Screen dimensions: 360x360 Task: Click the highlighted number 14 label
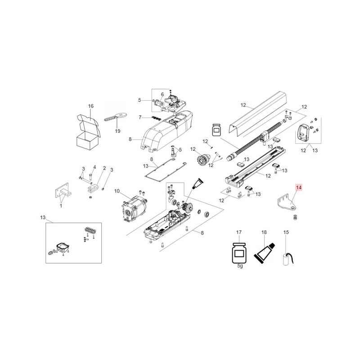click(299, 188)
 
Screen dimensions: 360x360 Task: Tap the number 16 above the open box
click(91, 106)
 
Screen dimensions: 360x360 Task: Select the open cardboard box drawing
click(88, 132)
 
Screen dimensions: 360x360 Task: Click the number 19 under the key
click(117, 131)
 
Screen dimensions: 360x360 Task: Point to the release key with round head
click(116, 116)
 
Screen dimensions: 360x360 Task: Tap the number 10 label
click(117, 191)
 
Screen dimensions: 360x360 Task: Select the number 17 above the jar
click(239, 232)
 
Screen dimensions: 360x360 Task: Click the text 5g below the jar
click(240, 266)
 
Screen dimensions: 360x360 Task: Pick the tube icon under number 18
click(264, 253)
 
